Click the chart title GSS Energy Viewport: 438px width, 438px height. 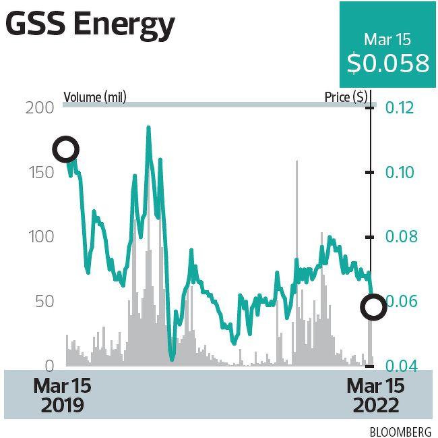(90, 25)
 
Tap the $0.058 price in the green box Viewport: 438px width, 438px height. (388, 63)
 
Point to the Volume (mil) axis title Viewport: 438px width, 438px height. (95, 97)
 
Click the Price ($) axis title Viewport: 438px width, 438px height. (346, 97)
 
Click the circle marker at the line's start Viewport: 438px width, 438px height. (66, 149)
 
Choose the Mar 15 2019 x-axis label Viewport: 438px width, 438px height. (61, 395)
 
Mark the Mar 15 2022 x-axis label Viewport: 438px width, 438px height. (375, 395)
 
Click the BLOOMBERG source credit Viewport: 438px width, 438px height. (400, 430)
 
